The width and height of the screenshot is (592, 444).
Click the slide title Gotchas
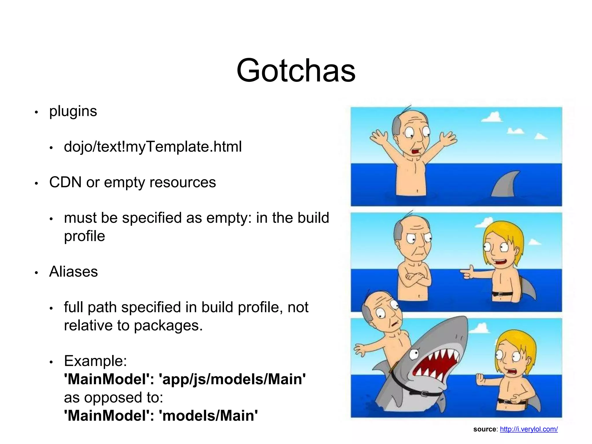(296, 70)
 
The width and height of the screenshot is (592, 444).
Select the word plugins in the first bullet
(73, 111)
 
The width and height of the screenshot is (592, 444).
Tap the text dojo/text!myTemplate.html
(153, 147)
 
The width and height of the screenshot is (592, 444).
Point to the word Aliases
(73, 272)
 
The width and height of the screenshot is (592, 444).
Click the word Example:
(95, 361)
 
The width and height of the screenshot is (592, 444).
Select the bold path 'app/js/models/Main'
(232, 379)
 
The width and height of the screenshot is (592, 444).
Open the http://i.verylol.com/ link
(529, 429)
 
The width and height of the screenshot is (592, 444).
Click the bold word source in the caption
(484, 429)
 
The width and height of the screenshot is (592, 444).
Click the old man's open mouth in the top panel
(416, 151)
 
